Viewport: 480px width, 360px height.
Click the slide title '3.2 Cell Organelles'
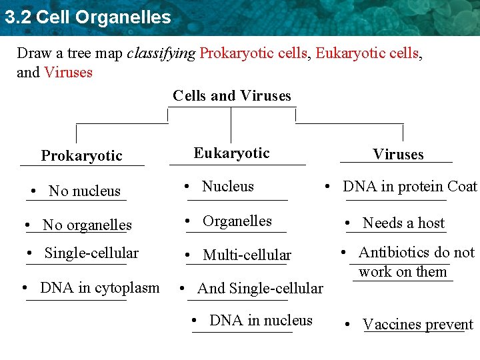pos(87,17)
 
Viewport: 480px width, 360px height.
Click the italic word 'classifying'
pos(161,53)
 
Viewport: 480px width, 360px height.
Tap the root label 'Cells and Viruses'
pos(232,96)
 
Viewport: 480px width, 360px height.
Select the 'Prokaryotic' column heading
pos(81,156)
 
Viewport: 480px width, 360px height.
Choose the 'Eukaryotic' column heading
pos(231,153)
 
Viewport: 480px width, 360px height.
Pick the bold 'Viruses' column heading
pos(398,155)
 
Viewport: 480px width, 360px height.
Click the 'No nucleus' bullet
pos(84,191)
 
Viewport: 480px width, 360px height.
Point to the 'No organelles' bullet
pos(87,225)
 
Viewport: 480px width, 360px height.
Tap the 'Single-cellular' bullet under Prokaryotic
pos(91,253)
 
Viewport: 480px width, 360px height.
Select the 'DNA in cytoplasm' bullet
pos(99,288)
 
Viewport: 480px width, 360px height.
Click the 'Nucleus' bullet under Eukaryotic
pos(228,187)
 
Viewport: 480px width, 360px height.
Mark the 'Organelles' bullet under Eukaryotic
pos(237,221)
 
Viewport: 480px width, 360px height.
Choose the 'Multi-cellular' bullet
pos(247,255)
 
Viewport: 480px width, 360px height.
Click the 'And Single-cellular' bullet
pos(260,289)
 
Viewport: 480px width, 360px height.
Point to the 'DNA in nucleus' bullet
pos(261,321)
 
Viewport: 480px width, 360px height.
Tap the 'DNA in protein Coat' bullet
pos(409,187)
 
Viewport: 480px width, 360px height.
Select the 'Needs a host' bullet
pos(403,223)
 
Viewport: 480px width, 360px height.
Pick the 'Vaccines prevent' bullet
pos(417,325)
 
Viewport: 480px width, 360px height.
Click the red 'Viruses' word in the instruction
pos(68,72)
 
